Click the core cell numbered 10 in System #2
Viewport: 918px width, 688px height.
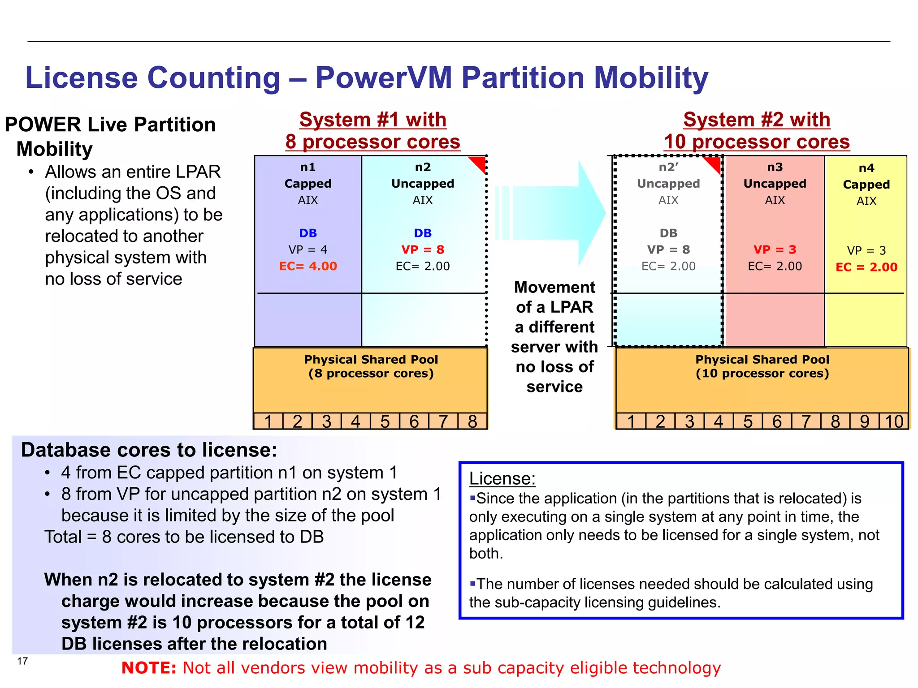click(894, 421)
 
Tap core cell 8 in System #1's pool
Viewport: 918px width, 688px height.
click(472, 421)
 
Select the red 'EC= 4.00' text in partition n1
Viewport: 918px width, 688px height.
click(307, 266)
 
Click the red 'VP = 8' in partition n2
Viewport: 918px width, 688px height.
click(422, 249)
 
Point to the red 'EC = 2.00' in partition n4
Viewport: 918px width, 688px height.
click(866, 267)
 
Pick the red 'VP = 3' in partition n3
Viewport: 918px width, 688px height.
click(775, 249)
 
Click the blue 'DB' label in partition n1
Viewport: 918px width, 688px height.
click(307, 233)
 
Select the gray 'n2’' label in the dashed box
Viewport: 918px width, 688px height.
click(668, 167)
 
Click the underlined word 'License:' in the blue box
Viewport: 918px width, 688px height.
click(502, 478)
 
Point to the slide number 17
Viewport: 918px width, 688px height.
click(22, 661)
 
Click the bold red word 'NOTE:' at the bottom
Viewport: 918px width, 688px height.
click(149, 668)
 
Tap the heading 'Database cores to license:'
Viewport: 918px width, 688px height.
click(149, 450)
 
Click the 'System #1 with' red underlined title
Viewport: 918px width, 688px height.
click(372, 120)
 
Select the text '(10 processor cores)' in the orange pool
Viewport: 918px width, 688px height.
click(762, 373)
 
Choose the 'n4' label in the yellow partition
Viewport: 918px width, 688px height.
click(866, 168)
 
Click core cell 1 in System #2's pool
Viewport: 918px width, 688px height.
click(631, 421)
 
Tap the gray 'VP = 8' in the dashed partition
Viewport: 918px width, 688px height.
click(668, 249)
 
